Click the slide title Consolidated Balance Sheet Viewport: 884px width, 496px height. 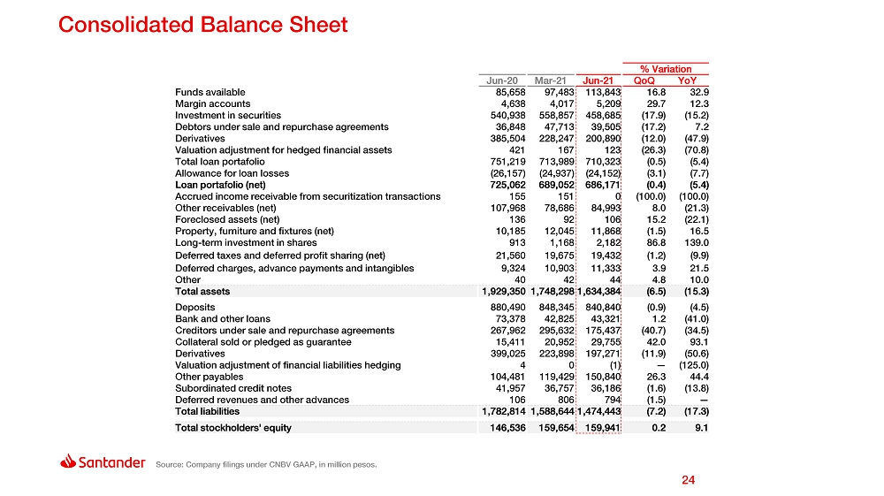[202, 25]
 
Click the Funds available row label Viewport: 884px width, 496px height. [210, 92]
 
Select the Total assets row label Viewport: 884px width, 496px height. [202, 291]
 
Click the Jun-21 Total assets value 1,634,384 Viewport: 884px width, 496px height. [598, 291]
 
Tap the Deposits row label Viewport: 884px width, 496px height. [195, 308]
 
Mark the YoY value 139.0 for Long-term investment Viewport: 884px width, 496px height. [697, 242]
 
